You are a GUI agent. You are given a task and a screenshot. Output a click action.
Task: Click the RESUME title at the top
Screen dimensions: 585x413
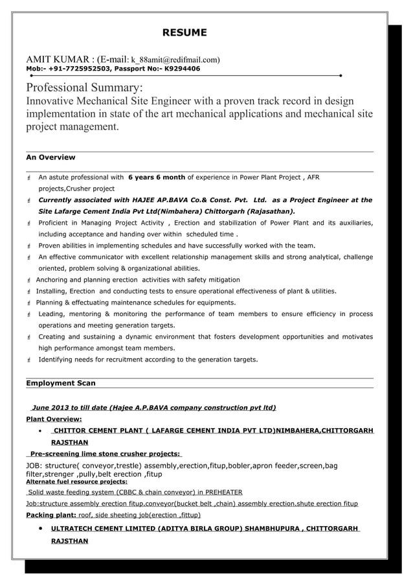tap(184, 32)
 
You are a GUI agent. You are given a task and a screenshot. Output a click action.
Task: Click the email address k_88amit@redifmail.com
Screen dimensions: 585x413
tap(175, 58)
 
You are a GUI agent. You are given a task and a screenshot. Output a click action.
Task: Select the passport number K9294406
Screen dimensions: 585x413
tap(182, 69)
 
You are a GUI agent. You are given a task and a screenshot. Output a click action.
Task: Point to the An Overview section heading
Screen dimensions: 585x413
tap(50, 157)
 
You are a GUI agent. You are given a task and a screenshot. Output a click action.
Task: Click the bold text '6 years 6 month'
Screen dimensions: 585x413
tap(157, 177)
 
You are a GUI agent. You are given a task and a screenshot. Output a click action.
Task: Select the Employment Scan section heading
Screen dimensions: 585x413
tap(60, 384)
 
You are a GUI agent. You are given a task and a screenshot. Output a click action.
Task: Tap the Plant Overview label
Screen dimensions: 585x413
tap(54, 419)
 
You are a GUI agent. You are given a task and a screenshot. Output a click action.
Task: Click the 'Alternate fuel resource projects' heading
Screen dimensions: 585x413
tap(76, 482)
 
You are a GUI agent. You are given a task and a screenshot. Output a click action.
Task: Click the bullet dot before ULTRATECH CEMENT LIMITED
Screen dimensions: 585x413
tap(41, 529)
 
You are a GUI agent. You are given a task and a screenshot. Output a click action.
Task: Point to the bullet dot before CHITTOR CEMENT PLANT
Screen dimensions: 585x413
tap(41, 431)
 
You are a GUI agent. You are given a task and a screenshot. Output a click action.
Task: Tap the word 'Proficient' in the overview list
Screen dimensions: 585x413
tap(56, 223)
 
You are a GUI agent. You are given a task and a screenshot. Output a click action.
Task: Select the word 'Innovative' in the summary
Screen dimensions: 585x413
tap(52, 102)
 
